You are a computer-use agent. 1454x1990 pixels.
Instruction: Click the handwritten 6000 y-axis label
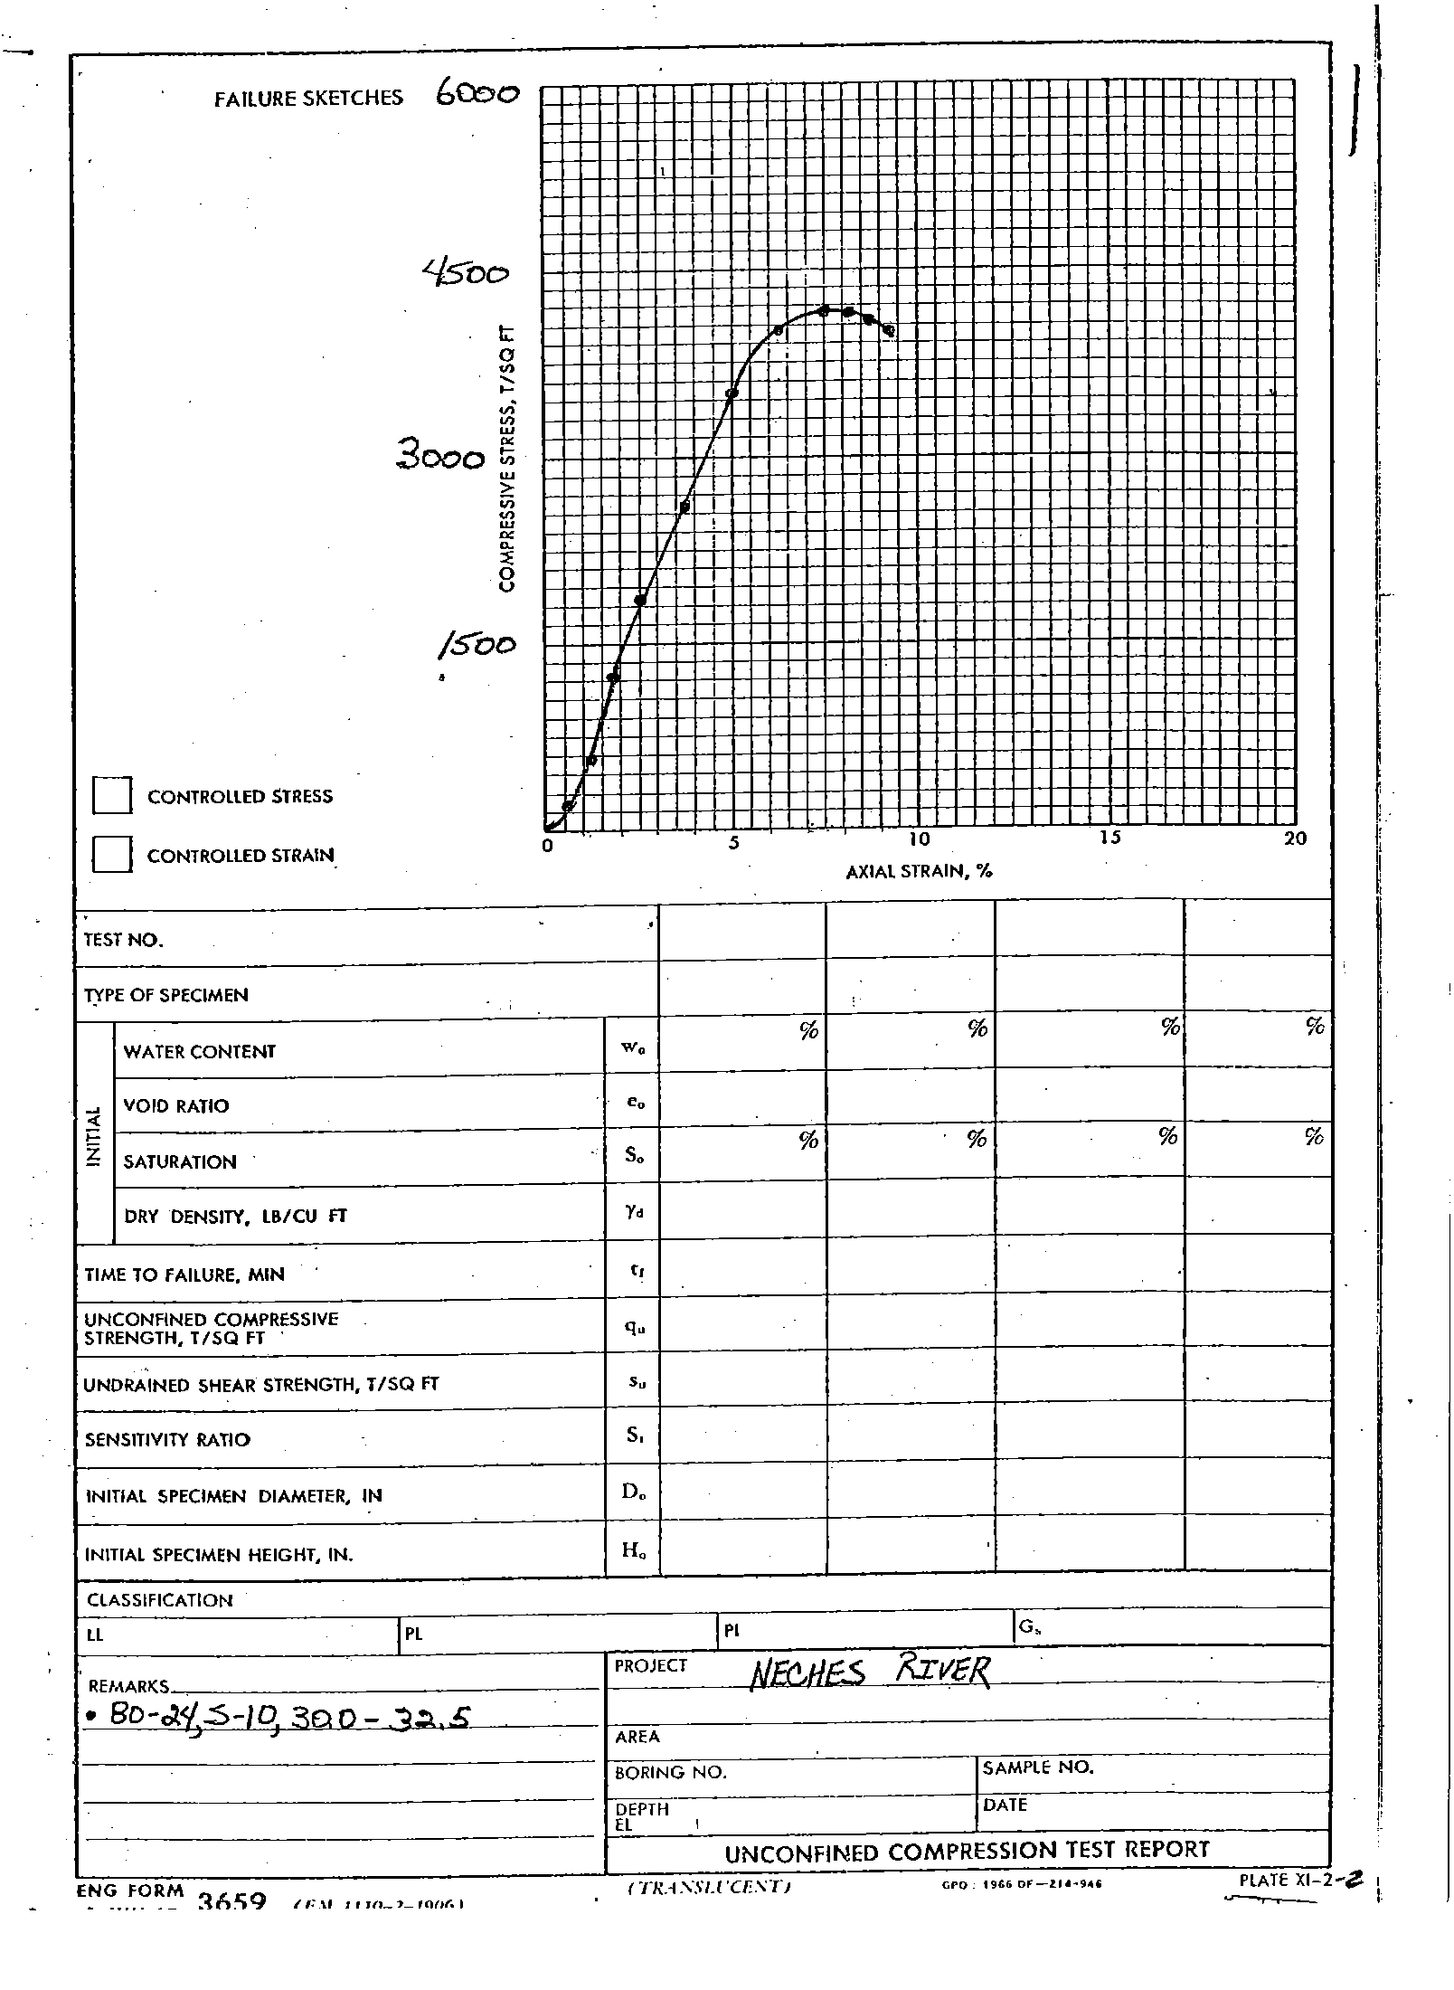[x=477, y=94]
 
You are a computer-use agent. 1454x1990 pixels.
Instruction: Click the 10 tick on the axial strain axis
[x=918, y=839]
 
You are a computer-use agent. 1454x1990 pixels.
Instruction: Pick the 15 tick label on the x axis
[x=1109, y=838]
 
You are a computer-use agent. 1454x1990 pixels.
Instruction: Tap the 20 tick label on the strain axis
[x=1295, y=839]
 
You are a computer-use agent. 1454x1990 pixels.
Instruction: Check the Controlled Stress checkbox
[x=112, y=796]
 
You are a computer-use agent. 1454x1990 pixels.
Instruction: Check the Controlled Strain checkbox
[x=112, y=855]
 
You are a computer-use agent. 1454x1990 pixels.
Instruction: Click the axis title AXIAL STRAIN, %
[x=919, y=872]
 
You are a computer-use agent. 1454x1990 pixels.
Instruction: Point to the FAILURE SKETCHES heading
[x=308, y=99]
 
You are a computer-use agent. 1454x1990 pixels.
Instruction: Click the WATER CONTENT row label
[x=199, y=1051]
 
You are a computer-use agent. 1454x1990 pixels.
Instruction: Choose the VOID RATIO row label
[x=176, y=1105]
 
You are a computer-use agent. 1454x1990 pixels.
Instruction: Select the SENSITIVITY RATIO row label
[x=167, y=1439]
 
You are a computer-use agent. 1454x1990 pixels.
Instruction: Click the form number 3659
[x=231, y=1902]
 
